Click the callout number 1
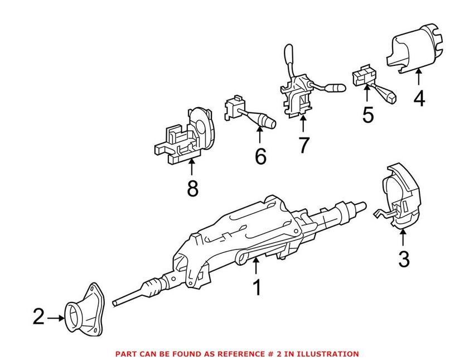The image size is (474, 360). [257, 287]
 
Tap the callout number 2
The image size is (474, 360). [38, 317]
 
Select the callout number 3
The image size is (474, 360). [403, 259]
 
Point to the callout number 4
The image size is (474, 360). [419, 98]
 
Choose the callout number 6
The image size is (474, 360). [260, 157]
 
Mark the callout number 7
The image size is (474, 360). [303, 145]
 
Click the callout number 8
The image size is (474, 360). [192, 189]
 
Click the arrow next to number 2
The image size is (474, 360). [56, 318]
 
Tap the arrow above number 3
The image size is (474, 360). [403, 238]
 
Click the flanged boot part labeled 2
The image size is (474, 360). [84, 311]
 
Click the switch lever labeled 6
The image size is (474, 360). [251, 114]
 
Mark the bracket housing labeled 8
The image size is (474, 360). [187, 137]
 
